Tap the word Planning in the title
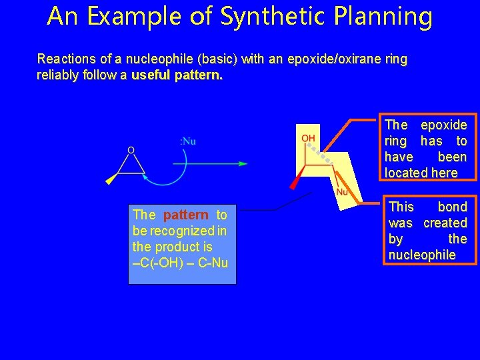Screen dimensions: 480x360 pyautogui.click(x=386, y=17)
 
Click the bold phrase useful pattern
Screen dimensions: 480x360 pyautogui.click(x=177, y=75)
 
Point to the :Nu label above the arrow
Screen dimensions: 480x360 pyautogui.click(x=188, y=141)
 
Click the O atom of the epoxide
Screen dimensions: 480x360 pyautogui.click(x=131, y=151)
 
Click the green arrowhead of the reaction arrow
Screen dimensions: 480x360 pyautogui.click(x=243, y=163)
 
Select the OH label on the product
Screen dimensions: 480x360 pyautogui.click(x=309, y=138)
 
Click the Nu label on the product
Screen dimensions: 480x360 pyautogui.click(x=342, y=192)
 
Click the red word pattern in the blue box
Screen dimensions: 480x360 pyautogui.click(x=185, y=215)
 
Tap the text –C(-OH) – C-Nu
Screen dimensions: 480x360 pyautogui.click(x=181, y=263)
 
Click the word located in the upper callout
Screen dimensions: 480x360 pyautogui.click(x=407, y=173)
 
